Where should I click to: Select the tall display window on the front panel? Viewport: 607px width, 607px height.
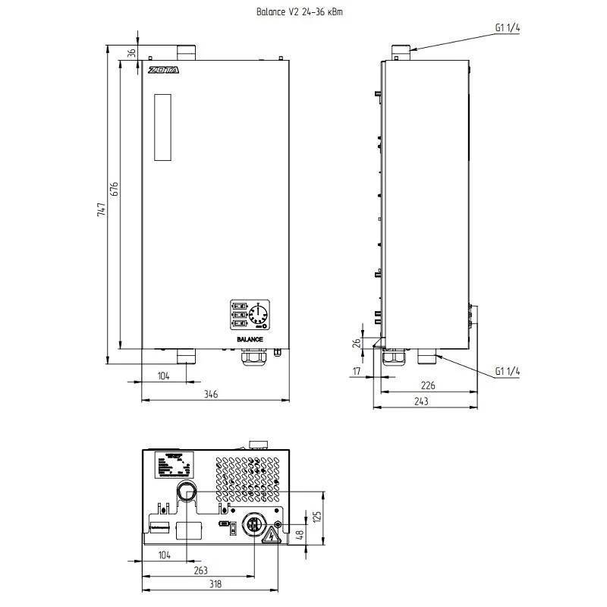pos(165,127)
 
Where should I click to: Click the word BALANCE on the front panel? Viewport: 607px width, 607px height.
pos(250,339)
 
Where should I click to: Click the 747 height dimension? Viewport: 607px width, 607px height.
pos(102,210)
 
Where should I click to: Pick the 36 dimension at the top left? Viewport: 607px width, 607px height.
pos(131,52)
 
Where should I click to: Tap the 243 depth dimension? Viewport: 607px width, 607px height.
pos(426,401)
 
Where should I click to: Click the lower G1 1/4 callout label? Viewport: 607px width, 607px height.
pos(507,371)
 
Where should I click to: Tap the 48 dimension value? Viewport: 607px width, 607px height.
pos(300,534)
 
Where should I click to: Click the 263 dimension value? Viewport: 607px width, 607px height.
pos(200,571)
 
